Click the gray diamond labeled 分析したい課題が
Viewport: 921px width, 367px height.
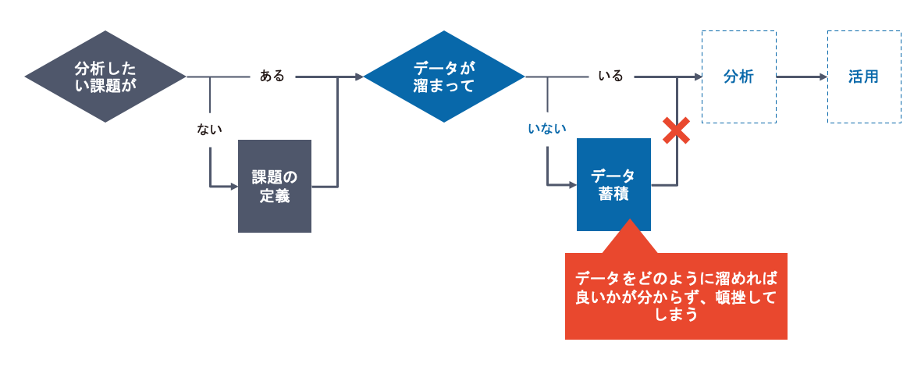click(x=105, y=77)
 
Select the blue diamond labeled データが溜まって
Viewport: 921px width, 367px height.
click(x=444, y=77)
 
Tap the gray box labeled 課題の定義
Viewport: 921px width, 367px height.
click(x=275, y=186)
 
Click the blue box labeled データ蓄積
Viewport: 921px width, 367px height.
click(x=613, y=184)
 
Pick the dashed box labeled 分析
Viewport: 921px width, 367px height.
click(x=738, y=77)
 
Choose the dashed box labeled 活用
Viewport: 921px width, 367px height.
click(x=863, y=77)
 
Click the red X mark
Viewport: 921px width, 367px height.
click(x=676, y=130)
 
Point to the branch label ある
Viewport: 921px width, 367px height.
click(x=272, y=77)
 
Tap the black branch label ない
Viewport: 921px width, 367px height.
click(x=210, y=130)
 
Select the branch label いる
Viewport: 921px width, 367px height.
click(x=610, y=77)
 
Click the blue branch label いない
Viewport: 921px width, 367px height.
click(x=547, y=130)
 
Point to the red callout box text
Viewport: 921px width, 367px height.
click(x=676, y=297)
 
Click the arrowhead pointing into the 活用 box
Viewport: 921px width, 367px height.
click(x=823, y=77)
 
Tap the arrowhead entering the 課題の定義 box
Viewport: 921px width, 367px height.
click(x=233, y=187)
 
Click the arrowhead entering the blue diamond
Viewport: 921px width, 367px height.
click(x=359, y=77)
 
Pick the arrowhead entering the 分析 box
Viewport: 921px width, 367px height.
click(x=697, y=77)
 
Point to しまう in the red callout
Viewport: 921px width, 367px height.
click(x=676, y=315)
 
